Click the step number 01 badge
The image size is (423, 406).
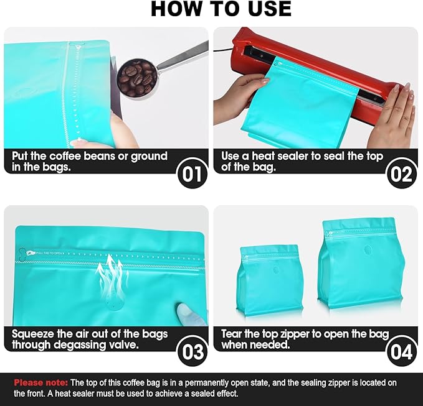(x=192, y=174)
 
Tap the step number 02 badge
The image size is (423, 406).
(x=401, y=174)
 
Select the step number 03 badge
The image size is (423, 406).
(x=192, y=352)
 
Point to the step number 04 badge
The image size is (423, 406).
(x=401, y=352)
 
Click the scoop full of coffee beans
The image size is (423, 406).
(x=137, y=78)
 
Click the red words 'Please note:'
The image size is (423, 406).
(x=40, y=382)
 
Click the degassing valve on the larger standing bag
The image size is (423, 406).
(x=367, y=249)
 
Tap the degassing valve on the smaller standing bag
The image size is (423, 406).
(x=275, y=270)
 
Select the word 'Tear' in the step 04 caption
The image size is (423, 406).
(x=232, y=334)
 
